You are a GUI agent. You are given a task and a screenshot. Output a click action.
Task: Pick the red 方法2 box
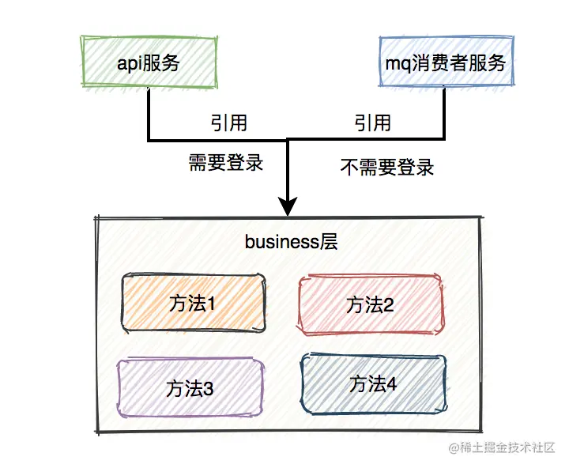tap(371, 304)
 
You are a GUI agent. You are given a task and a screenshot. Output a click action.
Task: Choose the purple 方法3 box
tap(190, 388)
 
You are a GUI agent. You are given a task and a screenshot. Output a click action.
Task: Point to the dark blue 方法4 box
tap(373, 384)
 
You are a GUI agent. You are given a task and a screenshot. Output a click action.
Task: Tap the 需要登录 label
tap(225, 164)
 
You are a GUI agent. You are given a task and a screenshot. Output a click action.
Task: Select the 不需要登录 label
tap(387, 167)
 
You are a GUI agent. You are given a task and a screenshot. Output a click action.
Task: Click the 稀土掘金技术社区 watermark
tap(503, 448)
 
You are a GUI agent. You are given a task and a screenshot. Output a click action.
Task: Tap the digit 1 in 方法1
tap(211, 303)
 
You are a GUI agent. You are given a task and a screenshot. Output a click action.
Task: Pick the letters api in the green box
tap(127, 64)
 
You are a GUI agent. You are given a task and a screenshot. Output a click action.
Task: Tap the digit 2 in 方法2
tap(389, 304)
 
